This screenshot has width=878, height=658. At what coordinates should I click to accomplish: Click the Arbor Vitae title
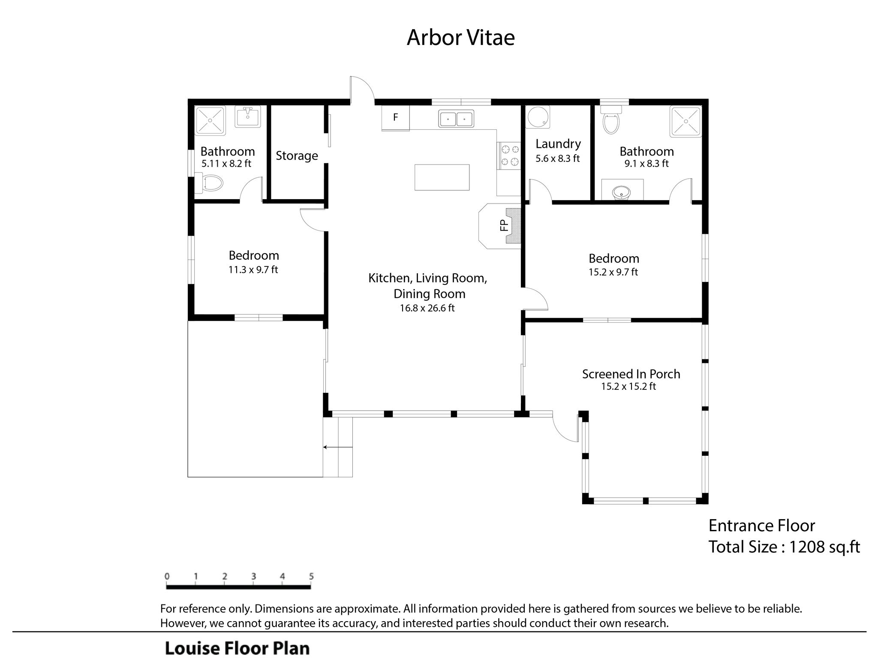(460, 37)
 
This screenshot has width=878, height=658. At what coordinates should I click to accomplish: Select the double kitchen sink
(456, 118)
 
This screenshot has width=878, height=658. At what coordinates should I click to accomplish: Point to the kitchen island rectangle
(442, 177)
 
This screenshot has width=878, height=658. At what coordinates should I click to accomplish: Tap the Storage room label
(297, 156)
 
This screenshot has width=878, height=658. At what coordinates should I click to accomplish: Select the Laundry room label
(558, 144)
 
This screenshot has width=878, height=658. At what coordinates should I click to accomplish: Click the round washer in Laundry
(538, 117)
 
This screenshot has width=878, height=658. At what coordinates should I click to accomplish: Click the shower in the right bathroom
(686, 122)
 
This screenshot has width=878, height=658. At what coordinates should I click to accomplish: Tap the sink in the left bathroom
(247, 117)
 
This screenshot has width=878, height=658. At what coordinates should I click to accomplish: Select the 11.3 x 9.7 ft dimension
(253, 270)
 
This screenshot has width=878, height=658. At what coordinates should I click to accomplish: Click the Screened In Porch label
(631, 374)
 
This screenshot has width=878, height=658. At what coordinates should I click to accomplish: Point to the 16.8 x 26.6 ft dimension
(427, 308)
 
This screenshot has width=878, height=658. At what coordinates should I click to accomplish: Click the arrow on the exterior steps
(338, 447)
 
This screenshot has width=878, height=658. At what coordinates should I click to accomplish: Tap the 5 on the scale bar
(311, 577)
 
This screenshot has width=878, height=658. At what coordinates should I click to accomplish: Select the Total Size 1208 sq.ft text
(784, 547)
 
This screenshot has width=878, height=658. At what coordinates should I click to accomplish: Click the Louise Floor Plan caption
(238, 648)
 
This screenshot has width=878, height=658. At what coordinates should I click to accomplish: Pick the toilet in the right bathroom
(611, 120)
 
